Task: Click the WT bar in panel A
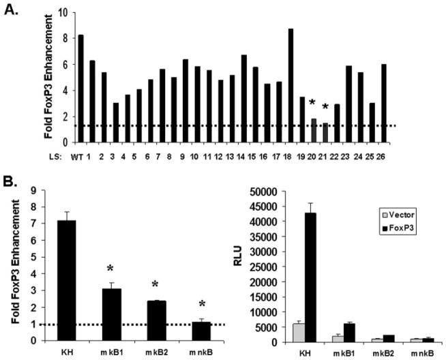(81, 89)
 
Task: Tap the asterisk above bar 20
(312, 103)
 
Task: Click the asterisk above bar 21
(325, 107)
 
